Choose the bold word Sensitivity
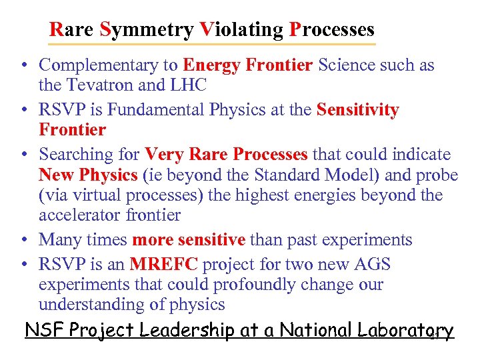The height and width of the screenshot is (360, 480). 358,110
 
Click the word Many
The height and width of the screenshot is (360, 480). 60,240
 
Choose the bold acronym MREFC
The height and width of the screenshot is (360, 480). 164,265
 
